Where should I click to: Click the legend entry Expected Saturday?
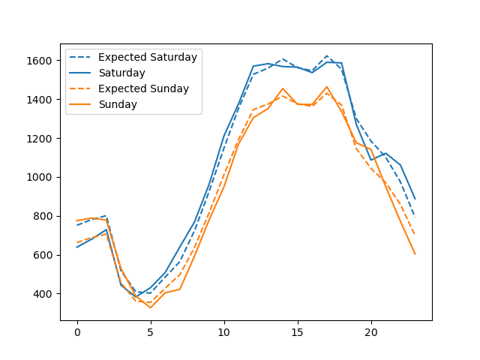147,57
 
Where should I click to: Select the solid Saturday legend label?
121,73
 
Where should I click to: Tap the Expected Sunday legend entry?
143,88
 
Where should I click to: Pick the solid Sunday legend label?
118,104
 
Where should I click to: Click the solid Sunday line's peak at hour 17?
327,87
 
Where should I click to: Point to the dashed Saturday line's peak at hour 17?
327,55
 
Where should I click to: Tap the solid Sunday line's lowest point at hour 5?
151,307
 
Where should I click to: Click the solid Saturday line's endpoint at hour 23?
415,199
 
